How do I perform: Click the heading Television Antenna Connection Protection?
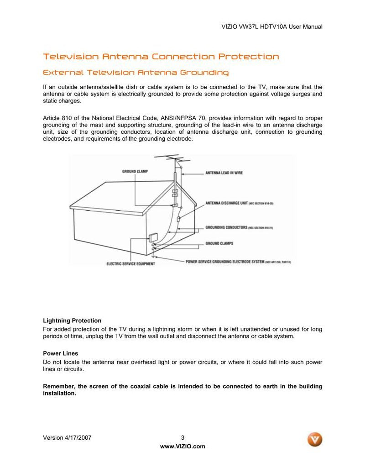tap(161, 57)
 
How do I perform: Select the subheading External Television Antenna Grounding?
tap(136, 73)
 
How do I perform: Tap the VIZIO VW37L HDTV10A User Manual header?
tap(272, 27)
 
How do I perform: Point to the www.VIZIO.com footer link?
tap(182, 447)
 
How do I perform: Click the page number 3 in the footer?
tap(182, 437)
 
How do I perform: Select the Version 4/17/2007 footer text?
tap(67, 437)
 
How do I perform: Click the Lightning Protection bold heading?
tap(72, 321)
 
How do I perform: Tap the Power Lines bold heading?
tap(60, 353)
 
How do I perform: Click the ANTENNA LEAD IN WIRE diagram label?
tap(224, 173)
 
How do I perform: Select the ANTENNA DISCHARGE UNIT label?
tap(226, 203)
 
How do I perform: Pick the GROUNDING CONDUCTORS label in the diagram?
tap(226, 227)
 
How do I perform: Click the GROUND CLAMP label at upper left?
tap(135, 171)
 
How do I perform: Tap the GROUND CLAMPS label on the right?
tap(219, 243)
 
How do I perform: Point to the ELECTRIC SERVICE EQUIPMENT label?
tap(130, 263)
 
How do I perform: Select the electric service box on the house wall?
tap(153, 238)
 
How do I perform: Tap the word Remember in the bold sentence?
tap(59, 386)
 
